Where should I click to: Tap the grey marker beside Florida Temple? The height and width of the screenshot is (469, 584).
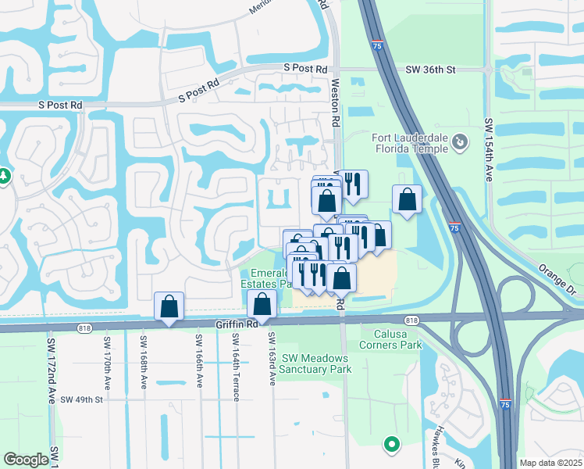[461, 142]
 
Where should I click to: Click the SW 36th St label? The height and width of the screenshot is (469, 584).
[430, 70]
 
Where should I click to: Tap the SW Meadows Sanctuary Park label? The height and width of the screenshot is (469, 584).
[315, 363]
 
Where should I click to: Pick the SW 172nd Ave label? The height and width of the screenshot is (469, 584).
[52, 367]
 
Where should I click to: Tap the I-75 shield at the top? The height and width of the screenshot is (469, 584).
[377, 46]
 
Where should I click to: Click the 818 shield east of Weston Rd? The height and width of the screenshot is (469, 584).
[411, 320]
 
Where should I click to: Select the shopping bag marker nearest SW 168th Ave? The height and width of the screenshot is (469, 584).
[169, 306]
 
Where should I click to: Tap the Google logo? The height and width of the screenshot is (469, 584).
[26, 460]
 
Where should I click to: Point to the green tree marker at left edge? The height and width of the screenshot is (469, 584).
[3, 177]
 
